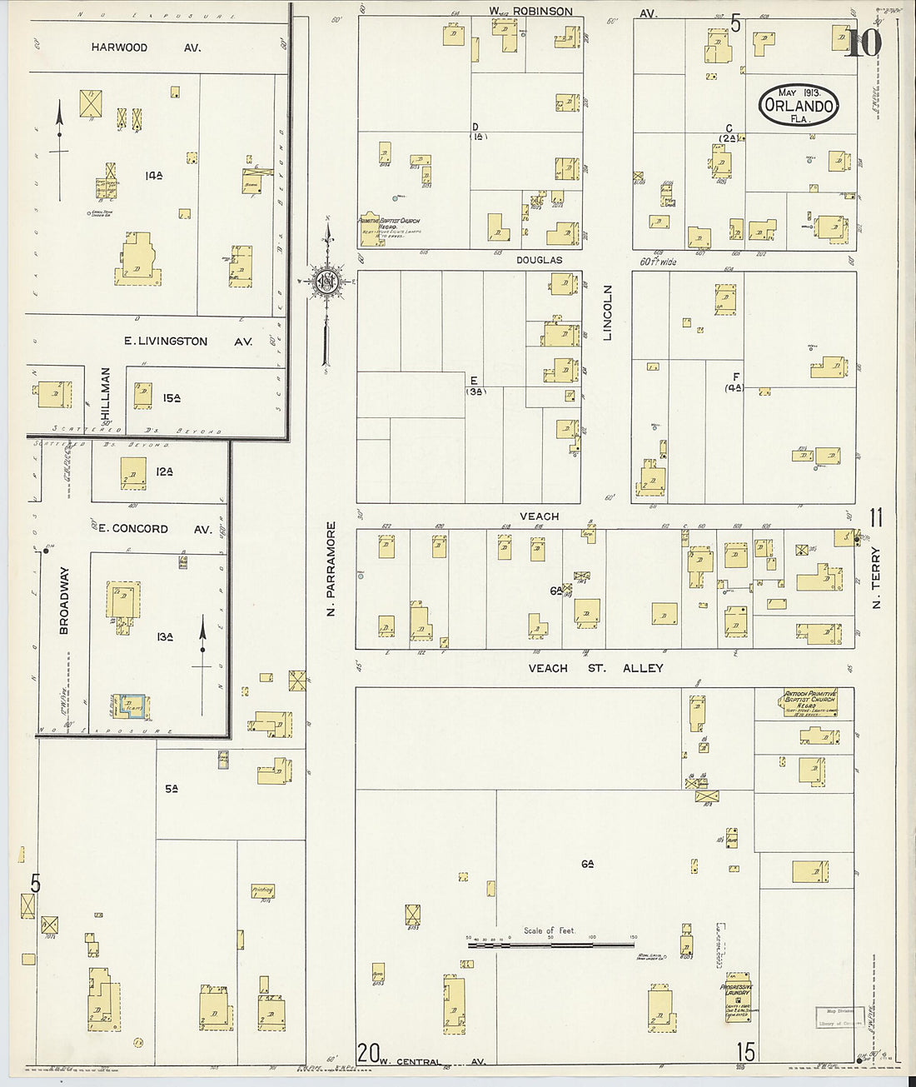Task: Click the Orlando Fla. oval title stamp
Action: [x=798, y=106]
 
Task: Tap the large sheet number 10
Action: [x=864, y=42]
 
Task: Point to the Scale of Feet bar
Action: [x=550, y=945]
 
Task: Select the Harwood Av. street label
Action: [x=146, y=47]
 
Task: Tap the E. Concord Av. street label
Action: [x=155, y=529]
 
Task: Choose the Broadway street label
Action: [x=64, y=601]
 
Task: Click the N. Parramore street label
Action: [x=331, y=569]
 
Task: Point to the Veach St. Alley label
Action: [x=595, y=668]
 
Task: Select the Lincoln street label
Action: [x=607, y=312]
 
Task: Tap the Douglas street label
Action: [x=539, y=260]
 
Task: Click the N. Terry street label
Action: [x=875, y=577]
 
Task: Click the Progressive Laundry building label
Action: [x=736, y=990]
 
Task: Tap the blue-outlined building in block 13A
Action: [x=131, y=706]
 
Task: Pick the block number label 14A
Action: [x=154, y=176]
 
